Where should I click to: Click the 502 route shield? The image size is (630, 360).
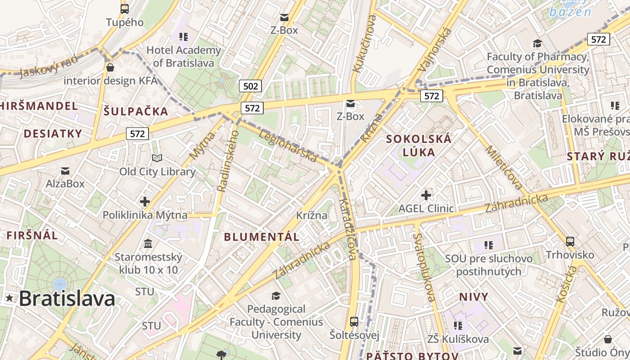coord(250,85)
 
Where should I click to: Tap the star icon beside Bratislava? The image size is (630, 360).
coord(9,298)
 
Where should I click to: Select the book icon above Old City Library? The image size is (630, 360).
coord(157,158)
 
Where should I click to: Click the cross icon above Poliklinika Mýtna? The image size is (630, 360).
coord(144,202)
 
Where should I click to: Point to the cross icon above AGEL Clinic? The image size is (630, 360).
coord(426,195)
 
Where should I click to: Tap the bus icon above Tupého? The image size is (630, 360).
coord(125,9)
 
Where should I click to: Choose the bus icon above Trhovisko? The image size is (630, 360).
coord(570,242)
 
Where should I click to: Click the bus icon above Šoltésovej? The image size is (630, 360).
coord(354,322)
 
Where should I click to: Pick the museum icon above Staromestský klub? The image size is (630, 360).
coord(148,244)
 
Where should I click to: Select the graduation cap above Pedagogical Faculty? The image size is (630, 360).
coord(276,296)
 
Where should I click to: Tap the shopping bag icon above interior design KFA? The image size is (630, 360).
coord(110,67)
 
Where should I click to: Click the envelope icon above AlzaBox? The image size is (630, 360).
coord(65,171)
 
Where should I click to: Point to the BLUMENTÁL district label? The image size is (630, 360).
coord(261,237)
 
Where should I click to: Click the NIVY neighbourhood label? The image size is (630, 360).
coord(473,297)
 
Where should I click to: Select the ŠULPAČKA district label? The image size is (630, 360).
coord(136,112)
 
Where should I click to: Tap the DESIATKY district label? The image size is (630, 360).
coord(53,134)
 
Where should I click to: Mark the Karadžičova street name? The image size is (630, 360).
coord(348,229)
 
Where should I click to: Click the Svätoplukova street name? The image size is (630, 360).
coord(424,267)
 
